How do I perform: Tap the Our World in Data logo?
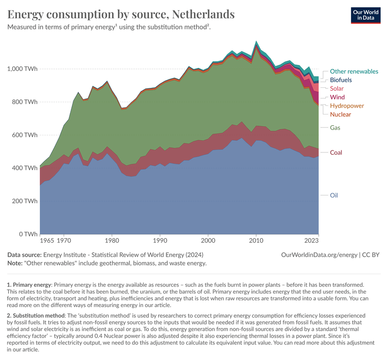[365, 15]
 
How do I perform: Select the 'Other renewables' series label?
[354, 71]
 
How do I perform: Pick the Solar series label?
[337, 89]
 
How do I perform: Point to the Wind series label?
[337, 98]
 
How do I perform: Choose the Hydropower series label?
[347, 106]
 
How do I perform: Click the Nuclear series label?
[340, 115]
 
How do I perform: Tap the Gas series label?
[335, 128]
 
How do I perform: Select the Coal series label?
[336, 153]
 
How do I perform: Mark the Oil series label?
[334, 196]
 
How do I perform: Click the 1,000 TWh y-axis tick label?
[21, 69]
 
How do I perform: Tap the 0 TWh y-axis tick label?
[27, 234]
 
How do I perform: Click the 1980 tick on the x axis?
[112, 240]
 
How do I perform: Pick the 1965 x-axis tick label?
[48, 240]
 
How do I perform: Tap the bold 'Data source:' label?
[25, 255]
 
